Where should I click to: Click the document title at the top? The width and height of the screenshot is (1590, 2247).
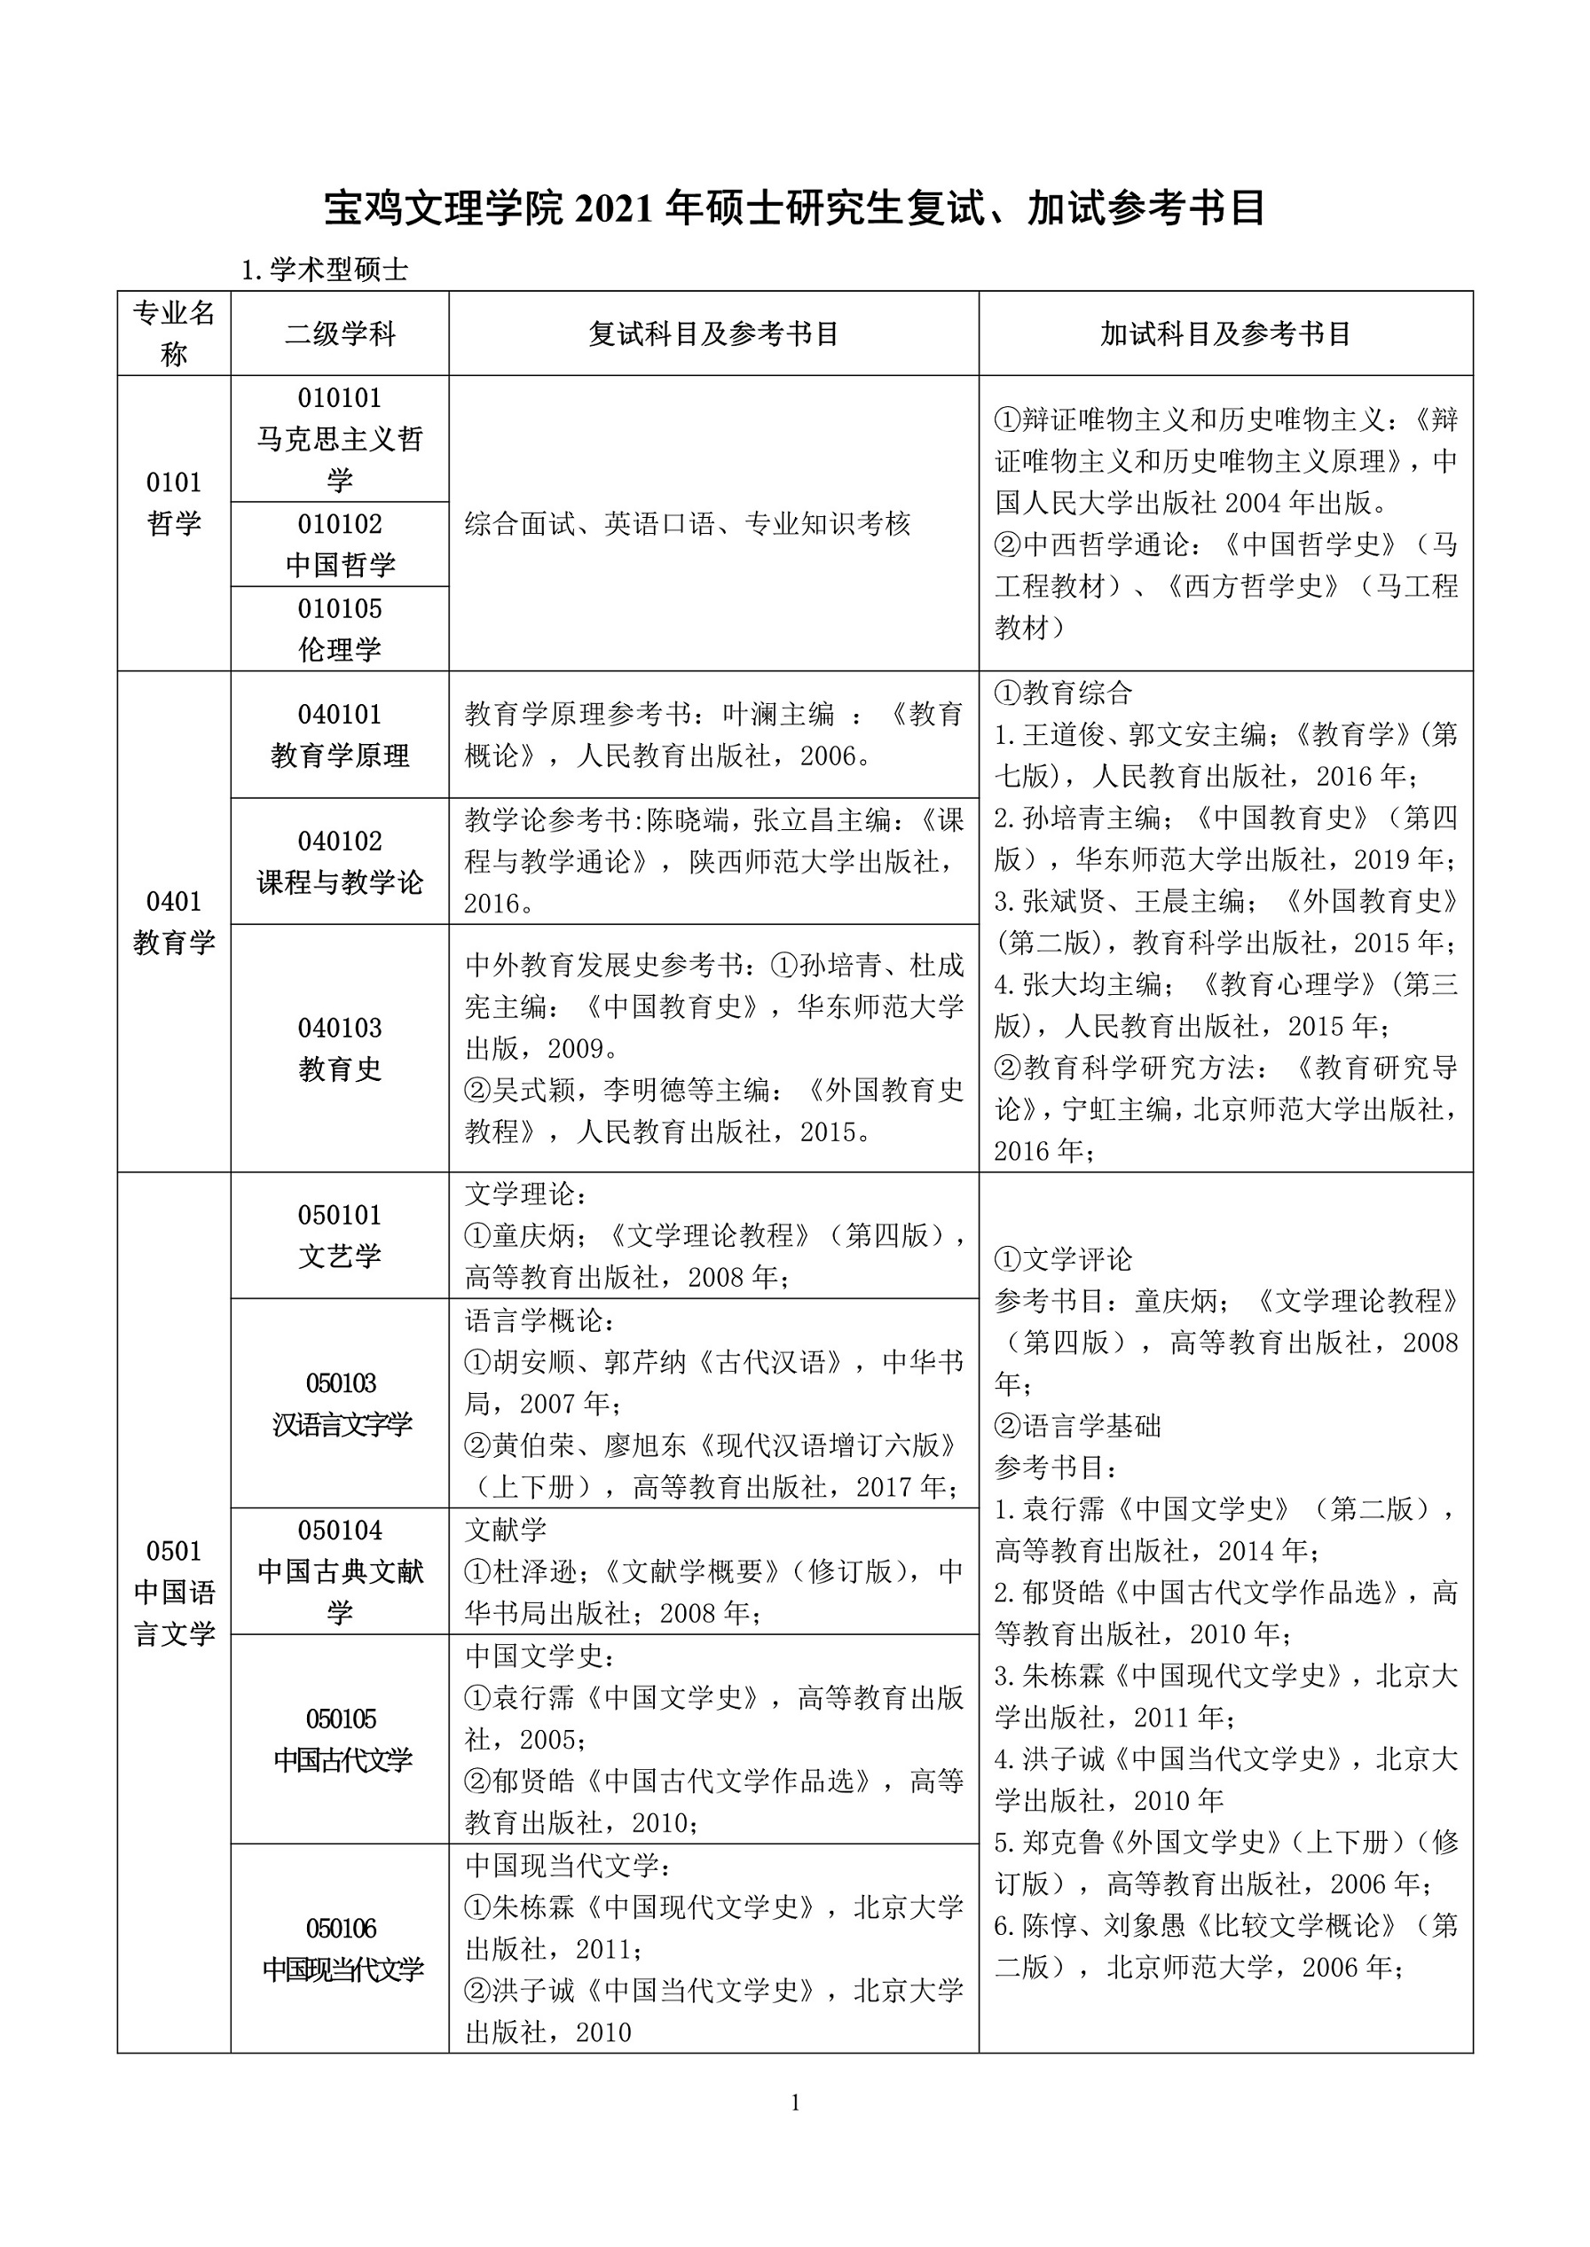795,208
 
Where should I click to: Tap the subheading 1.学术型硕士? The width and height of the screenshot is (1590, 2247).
324,270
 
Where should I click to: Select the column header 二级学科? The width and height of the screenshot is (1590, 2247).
340,333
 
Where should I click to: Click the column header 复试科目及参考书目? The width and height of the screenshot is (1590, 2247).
713,333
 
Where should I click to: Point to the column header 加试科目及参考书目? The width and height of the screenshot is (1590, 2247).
1226,333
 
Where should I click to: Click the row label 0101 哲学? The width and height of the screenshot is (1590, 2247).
174,503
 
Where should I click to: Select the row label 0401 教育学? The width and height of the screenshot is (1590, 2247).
174,922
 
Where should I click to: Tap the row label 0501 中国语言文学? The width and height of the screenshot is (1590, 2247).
174,1593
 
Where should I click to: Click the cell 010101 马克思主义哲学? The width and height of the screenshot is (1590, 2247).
340,438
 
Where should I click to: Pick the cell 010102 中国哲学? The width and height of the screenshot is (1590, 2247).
340,544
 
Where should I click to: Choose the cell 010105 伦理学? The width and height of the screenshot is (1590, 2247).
340,629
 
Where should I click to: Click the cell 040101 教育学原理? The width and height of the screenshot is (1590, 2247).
340,735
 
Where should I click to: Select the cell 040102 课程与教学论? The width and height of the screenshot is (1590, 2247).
340,861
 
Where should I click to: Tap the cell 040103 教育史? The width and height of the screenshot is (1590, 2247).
340,1048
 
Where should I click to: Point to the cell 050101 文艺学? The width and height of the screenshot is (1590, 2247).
340,1235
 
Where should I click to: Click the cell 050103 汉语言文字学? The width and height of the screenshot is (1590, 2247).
340,1404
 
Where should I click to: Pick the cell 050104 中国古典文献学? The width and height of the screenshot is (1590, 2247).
340,1570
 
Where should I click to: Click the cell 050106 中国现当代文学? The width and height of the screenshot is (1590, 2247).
340,1948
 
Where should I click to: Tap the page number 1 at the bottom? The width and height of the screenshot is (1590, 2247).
795,2102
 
